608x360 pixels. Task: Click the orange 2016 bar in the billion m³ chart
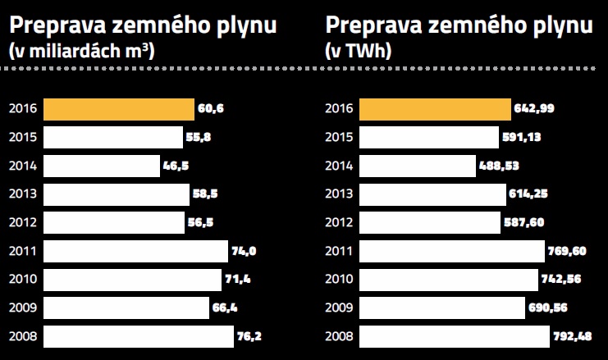tap(119, 108)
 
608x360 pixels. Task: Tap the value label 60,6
tap(209, 108)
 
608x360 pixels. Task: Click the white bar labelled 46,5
tap(102, 166)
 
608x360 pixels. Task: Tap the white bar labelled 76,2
tap(138, 336)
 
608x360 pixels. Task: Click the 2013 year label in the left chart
tap(21, 194)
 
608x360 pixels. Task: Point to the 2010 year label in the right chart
tap(338, 280)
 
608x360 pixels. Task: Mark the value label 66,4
tap(224, 308)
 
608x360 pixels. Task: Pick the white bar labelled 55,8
tap(113, 137)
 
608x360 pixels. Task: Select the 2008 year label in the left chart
tap(21, 336)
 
